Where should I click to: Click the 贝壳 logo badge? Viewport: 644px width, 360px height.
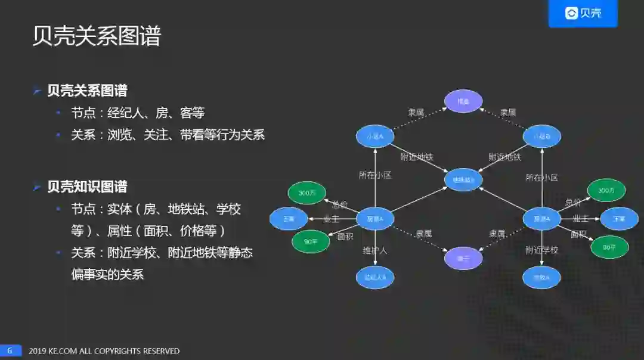coord(583,13)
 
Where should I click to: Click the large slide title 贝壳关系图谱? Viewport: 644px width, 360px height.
coord(97,36)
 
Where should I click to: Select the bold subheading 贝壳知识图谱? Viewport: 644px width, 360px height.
coord(87,187)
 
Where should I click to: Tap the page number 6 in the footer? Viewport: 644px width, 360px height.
coord(10,350)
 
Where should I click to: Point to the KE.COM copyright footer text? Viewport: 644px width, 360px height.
coord(104,351)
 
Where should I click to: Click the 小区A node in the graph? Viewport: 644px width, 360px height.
coord(375,136)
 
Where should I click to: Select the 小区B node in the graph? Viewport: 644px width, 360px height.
coord(541,136)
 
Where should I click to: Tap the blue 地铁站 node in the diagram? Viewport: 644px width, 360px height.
coord(463,179)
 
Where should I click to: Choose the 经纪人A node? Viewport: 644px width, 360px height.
coord(375,277)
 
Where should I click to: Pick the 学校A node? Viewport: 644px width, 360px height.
coord(541,277)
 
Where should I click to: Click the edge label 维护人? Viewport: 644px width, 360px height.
coord(375,250)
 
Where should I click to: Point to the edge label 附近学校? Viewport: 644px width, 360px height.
coord(541,250)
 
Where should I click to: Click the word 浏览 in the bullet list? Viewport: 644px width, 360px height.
coord(119,135)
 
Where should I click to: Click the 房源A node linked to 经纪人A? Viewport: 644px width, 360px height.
coord(375,219)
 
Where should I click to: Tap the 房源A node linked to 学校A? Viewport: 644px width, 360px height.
coord(541,219)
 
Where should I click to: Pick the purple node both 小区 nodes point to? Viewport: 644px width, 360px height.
coord(463,102)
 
